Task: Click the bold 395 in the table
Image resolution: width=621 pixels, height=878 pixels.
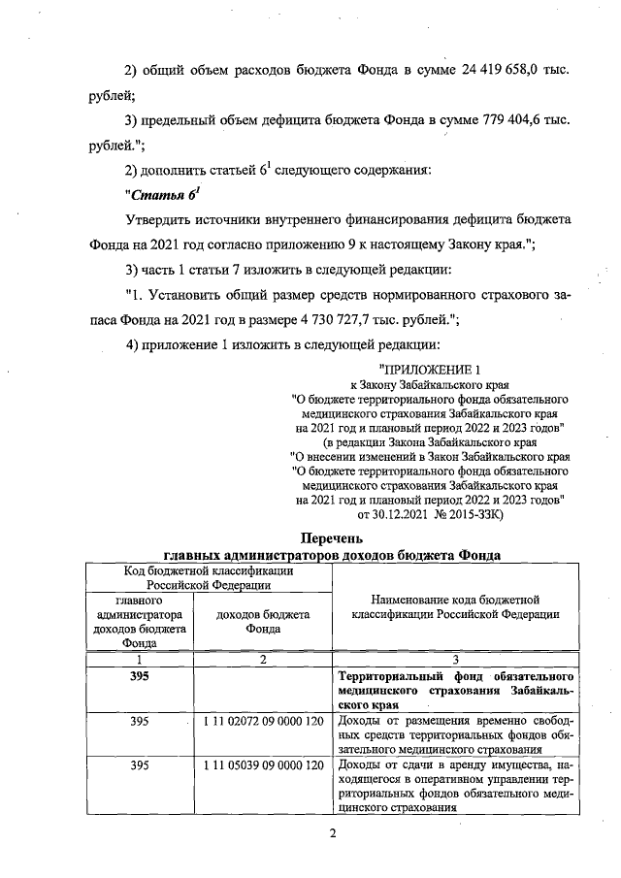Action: coord(139,676)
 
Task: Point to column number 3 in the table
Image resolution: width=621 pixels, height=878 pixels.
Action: coord(455,660)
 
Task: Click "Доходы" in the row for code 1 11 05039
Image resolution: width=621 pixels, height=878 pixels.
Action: coord(360,766)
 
